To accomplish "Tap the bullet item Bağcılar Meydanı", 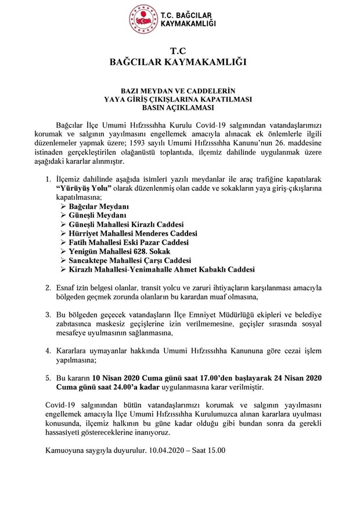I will [98, 207].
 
